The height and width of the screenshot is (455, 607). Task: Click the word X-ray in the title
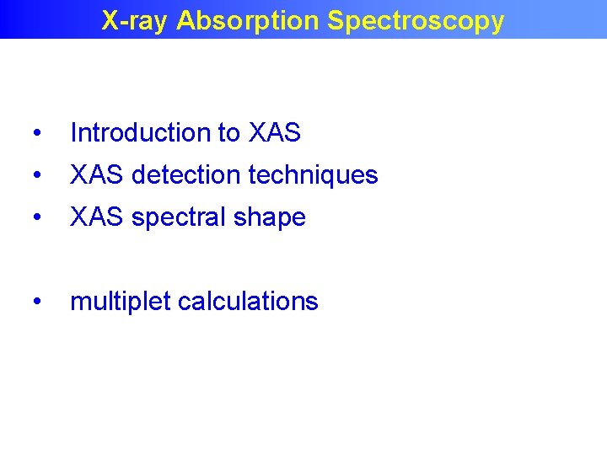(x=134, y=21)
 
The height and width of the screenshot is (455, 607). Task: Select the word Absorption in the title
(x=249, y=21)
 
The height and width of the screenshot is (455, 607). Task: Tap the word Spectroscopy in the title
(x=416, y=21)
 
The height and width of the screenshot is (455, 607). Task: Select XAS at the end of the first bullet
(x=275, y=133)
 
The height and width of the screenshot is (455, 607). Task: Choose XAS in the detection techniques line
(x=97, y=175)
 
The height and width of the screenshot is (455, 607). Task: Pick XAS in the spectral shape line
(x=97, y=217)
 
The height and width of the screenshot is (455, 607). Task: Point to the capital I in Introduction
(x=73, y=133)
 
